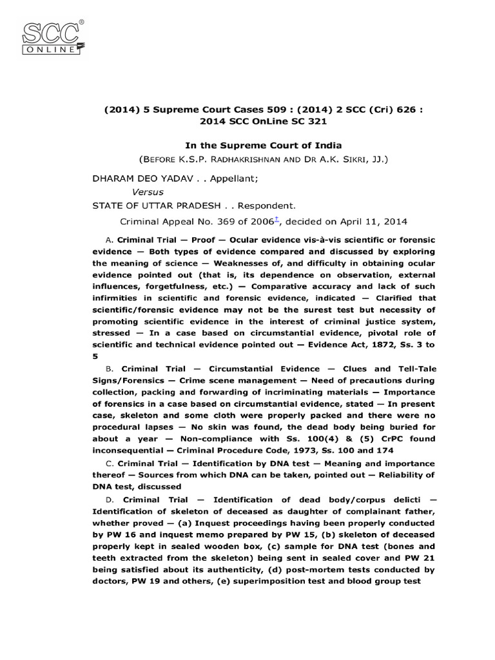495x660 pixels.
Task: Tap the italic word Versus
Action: coord(148,191)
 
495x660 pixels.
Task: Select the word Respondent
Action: coord(266,206)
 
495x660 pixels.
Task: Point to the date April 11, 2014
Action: coord(374,222)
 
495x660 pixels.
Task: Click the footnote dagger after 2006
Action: coord(277,220)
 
